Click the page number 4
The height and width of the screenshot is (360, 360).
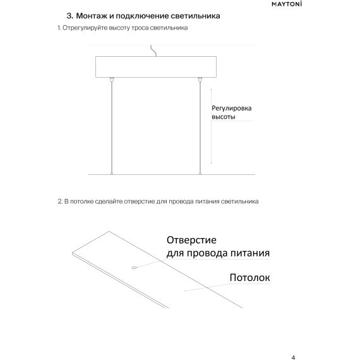tap(293, 339)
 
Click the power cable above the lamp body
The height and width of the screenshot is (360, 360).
tap(152, 51)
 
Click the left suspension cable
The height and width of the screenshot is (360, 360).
tap(112, 126)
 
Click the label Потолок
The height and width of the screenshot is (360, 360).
tap(250, 277)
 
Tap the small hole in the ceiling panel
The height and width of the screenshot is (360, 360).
tap(134, 268)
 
